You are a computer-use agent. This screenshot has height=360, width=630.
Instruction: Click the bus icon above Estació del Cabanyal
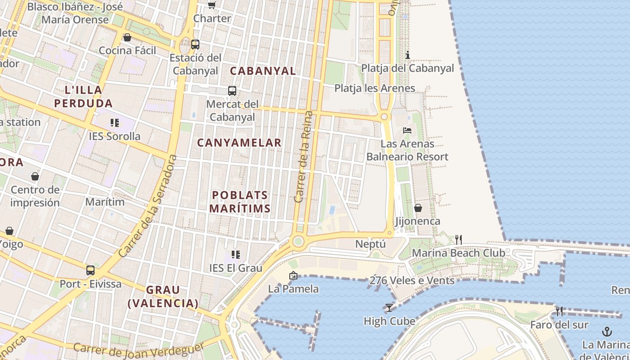195,45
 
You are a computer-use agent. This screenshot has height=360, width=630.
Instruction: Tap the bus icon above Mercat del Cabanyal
232,91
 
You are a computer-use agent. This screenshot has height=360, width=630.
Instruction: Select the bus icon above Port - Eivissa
90,270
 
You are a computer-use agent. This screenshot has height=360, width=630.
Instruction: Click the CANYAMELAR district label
239,143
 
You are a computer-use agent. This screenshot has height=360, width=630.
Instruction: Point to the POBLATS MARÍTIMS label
240,202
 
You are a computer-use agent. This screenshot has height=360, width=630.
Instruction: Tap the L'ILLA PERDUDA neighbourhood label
83,97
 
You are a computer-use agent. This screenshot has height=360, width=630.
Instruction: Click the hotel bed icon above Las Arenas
407,130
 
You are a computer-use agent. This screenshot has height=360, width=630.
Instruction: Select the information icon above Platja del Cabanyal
408,55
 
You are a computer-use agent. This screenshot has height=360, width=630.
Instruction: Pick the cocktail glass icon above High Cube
389,308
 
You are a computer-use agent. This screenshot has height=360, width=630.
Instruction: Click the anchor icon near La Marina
607,332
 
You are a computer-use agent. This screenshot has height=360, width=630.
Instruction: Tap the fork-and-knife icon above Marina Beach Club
458,239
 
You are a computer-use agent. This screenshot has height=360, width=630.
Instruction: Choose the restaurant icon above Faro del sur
559,311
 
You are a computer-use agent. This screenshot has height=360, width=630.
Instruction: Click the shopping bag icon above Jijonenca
418,208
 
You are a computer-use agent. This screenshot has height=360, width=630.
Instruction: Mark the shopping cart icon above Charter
211,5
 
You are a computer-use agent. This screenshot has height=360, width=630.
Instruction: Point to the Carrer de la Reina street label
303,156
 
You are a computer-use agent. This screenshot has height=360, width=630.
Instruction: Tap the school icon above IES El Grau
235,255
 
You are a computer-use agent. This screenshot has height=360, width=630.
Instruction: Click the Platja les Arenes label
374,88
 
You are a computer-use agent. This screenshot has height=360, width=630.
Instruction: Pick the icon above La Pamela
293,275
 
